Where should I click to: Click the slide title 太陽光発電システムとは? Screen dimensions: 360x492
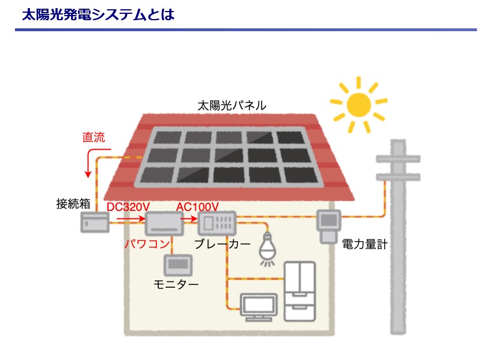(98, 14)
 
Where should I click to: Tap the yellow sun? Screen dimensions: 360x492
(358, 104)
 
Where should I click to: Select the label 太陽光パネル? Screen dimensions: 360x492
(232, 105)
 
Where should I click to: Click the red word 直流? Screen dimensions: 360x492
(94, 138)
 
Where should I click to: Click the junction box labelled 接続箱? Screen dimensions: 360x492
(94, 222)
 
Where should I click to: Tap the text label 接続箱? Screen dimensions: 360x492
(73, 203)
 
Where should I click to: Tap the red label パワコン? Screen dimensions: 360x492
(147, 243)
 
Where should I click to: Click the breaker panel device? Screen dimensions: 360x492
(218, 222)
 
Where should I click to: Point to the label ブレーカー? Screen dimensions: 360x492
(222, 243)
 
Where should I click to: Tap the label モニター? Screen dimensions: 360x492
(176, 284)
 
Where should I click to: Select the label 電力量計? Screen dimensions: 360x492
(364, 243)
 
